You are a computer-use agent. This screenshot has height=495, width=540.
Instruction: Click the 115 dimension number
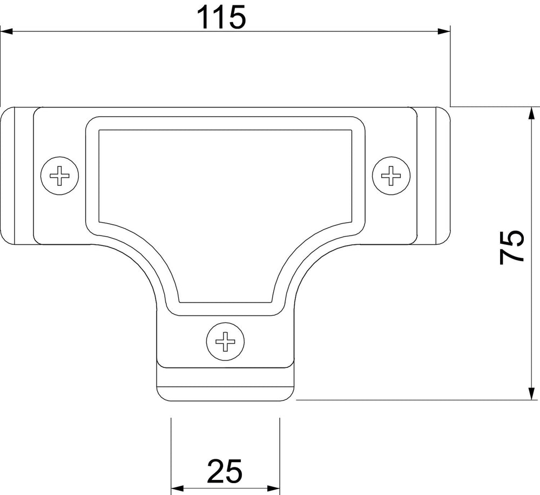pos(221,17)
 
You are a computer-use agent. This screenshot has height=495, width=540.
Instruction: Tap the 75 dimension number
pos(512,248)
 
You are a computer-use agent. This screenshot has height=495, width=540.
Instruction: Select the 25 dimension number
pos(225,471)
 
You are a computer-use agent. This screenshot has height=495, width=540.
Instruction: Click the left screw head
pos(59,176)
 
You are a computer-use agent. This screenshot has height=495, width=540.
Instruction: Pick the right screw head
pos(391,176)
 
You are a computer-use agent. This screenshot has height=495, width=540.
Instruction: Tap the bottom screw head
pos(225,342)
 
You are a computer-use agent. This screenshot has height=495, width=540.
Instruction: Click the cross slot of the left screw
pos(59,176)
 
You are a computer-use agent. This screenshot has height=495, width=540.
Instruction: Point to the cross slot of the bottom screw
pos(225,342)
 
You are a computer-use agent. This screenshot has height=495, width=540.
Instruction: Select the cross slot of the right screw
pos(391,176)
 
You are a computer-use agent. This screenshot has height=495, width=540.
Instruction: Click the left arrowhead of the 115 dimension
pos(6,32)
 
